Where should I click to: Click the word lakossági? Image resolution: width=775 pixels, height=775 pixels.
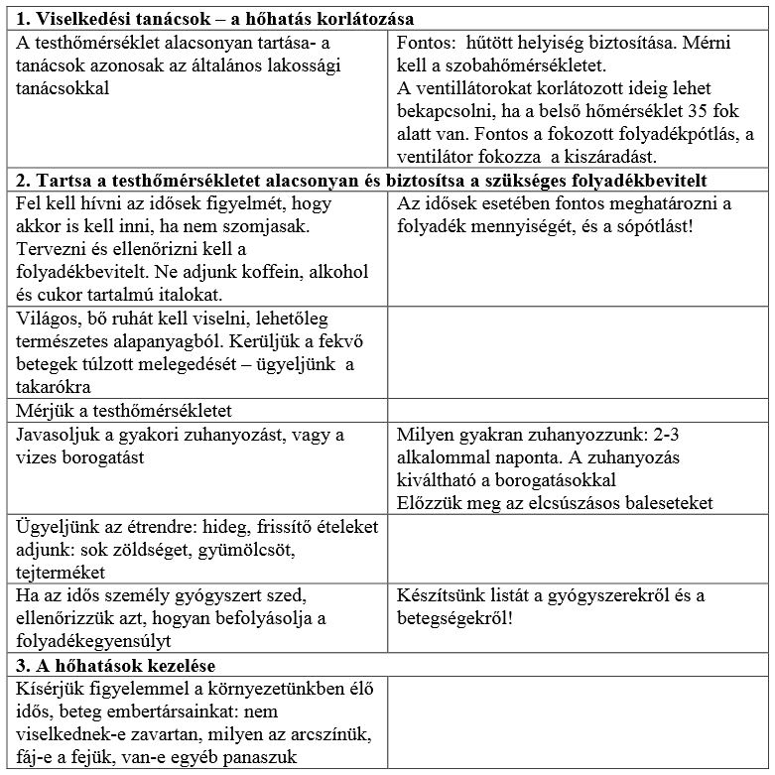click(x=323, y=66)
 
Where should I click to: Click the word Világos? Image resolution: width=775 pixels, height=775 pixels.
click(x=51, y=318)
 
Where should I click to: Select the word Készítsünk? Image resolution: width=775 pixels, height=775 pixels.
click(x=443, y=595)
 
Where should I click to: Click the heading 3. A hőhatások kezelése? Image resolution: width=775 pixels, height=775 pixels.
click(x=117, y=664)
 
